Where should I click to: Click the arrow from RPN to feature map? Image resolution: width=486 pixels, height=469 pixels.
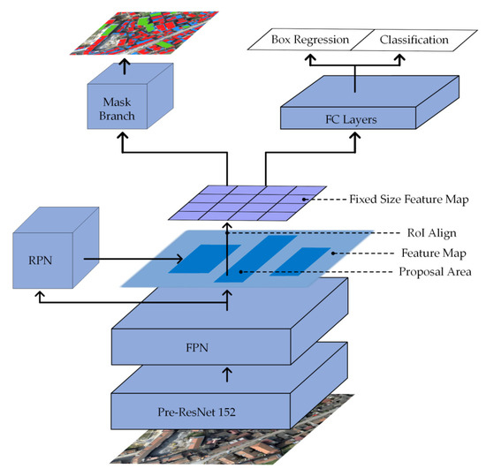coord(133,260)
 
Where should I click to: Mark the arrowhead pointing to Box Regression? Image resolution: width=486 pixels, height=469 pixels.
coord(310,57)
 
